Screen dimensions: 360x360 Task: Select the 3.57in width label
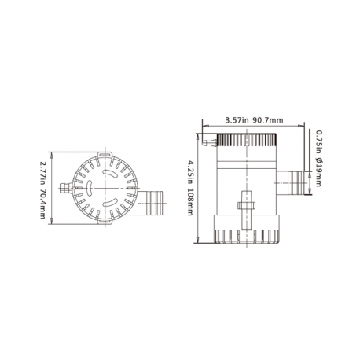click(235, 121)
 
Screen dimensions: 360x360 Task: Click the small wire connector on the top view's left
click(73, 188)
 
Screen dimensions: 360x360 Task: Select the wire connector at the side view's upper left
click(208, 144)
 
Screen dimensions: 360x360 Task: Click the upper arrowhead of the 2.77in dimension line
click(53, 154)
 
